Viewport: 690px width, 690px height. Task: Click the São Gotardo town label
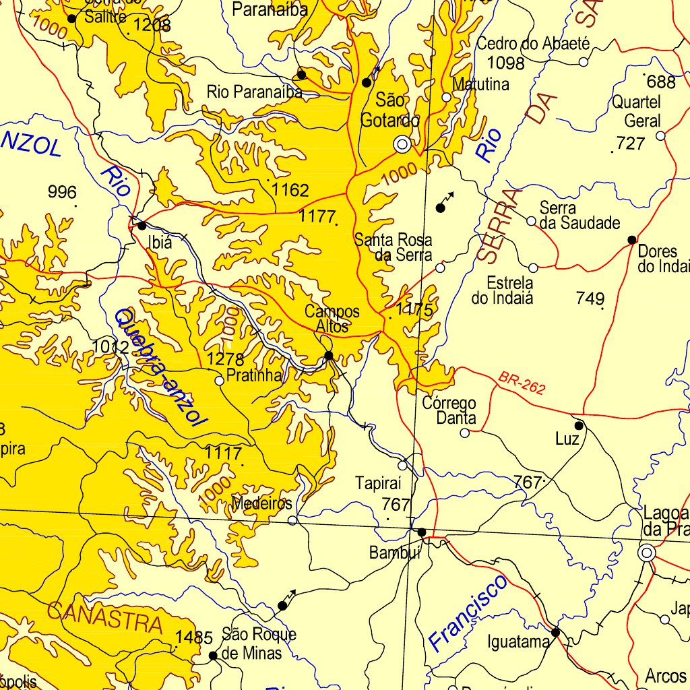pos(390,111)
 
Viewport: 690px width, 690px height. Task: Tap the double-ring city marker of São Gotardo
pos(403,144)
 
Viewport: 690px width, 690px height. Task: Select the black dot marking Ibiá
pos(142,225)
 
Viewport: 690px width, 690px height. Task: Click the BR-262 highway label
pos(522,383)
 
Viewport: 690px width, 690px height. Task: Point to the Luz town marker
pos(578,426)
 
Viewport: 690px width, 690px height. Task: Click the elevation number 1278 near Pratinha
pos(225,359)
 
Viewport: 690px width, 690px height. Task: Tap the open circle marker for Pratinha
pos(219,381)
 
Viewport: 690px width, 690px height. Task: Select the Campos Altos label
pos(332,319)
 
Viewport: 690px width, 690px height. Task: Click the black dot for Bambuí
pos(422,532)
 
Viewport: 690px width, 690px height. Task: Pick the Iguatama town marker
pos(555,632)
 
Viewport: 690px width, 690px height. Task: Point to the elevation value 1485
pos(194,637)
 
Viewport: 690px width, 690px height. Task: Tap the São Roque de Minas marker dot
pos(213,655)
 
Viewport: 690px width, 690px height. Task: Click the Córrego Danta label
pos(449,410)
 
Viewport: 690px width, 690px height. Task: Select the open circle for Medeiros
pos(292,520)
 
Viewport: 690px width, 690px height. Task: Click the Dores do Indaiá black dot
pos(631,240)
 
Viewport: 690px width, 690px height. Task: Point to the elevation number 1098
pos(505,63)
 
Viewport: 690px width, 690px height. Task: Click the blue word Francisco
pos(468,613)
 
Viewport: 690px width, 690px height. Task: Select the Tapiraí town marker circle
pos(402,466)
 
